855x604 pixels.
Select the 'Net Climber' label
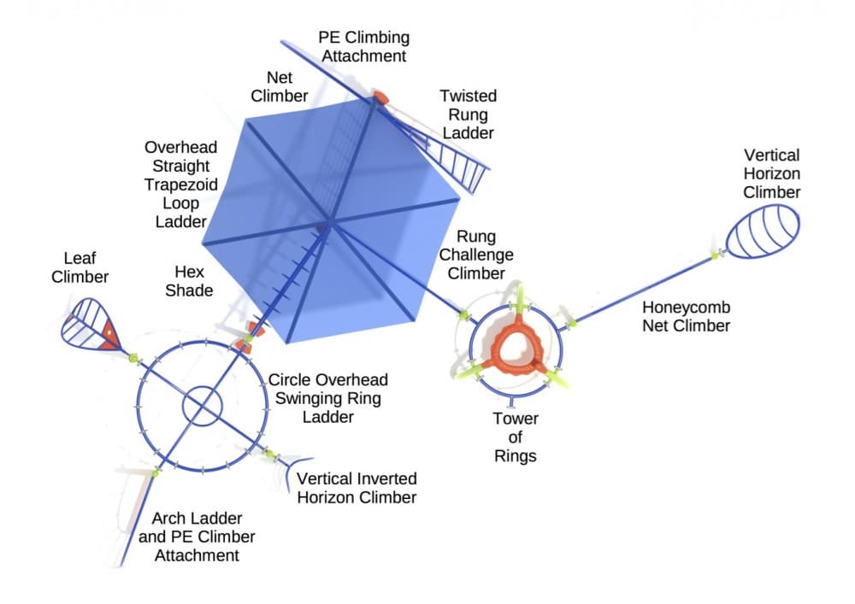pyautogui.click(x=280, y=86)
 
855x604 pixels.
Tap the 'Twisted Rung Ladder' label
pyautogui.click(x=468, y=114)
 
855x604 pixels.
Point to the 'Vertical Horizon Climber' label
pyautogui.click(x=771, y=173)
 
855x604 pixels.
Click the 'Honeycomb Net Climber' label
pyautogui.click(x=687, y=315)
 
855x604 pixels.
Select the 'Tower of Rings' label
pyautogui.click(x=515, y=437)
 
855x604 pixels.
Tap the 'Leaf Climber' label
pyautogui.click(x=80, y=266)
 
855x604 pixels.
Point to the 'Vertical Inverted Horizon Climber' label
pyautogui.click(x=357, y=488)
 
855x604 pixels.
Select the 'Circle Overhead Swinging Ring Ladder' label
pyautogui.click(x=328, y=398)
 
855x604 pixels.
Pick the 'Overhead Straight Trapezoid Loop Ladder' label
pyautogui.click(x=180, y=184)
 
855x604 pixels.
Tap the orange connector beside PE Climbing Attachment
pyautogui.click(x=381, y=97)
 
